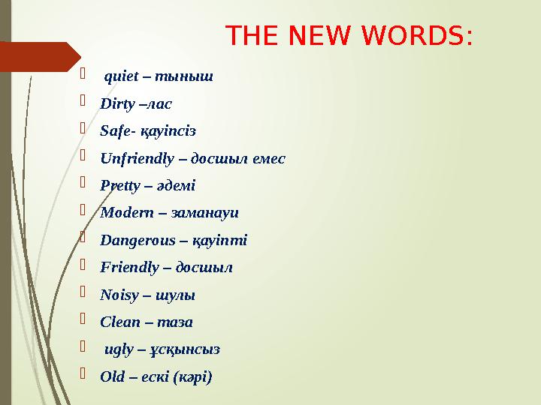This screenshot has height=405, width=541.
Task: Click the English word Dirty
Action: [115, 103]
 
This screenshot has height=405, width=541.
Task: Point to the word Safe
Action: [113, 130]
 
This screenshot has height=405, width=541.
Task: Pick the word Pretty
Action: [117, 185]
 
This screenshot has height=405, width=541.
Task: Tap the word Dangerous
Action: [132, 240]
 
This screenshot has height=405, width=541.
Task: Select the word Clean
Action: [116, 322]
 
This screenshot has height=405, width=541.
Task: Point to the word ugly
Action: [116, 349]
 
